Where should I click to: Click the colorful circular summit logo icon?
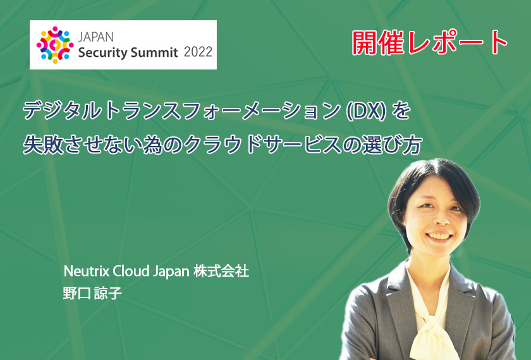[x=55, y=45]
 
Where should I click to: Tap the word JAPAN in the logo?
[x=96, y=37]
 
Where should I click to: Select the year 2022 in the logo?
[x=198, y=52]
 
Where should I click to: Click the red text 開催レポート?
[x=430, y=43]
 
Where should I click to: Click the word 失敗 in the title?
[x=43, y=145]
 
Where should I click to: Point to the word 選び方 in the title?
[x=392, y=145]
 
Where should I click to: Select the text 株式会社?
[x=221, y=272]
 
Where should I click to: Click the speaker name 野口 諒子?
[x=92, y=293]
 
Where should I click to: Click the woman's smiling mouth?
[x=439, y=236]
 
